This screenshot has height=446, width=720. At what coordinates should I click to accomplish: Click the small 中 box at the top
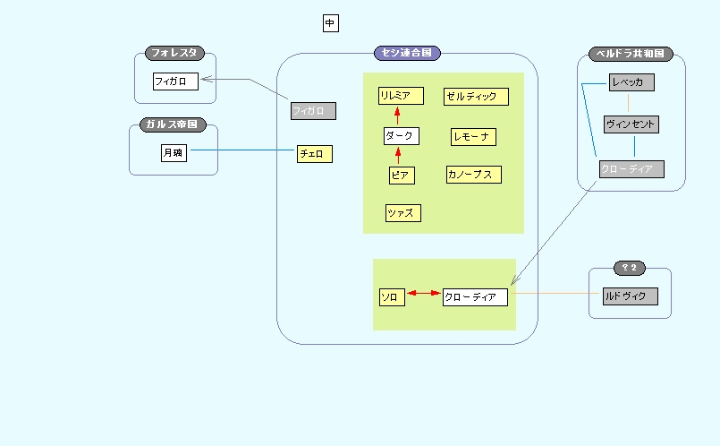tap(331, 23)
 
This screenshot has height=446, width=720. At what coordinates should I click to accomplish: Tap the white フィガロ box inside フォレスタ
tap(175, 81)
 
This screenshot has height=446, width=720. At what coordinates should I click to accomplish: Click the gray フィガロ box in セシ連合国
tap(313, 111)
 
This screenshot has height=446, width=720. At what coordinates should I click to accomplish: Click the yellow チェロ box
tap(315, 154)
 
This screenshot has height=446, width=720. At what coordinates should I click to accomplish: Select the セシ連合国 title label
tap(407, 54)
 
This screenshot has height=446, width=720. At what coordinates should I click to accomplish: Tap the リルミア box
tap(400, 96)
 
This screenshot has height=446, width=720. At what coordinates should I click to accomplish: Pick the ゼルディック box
tap(476, 96)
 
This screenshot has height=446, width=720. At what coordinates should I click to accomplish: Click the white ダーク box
tap(401, 136)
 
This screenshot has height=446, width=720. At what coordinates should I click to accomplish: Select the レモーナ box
tap(473, 136)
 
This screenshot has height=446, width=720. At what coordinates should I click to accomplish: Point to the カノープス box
tap(473, 175)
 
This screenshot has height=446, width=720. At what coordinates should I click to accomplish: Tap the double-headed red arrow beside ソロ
tap(424, 293)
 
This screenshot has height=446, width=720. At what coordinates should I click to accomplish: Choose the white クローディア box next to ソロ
tap(475, 296)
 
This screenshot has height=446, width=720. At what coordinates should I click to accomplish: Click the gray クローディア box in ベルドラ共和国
tap(631, 169)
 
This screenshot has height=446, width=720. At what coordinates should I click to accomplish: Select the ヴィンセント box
tap(631, 124)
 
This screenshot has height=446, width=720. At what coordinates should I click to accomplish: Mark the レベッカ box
tap(631, 82)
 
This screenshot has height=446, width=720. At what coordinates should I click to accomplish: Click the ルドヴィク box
tap(631, 296)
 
